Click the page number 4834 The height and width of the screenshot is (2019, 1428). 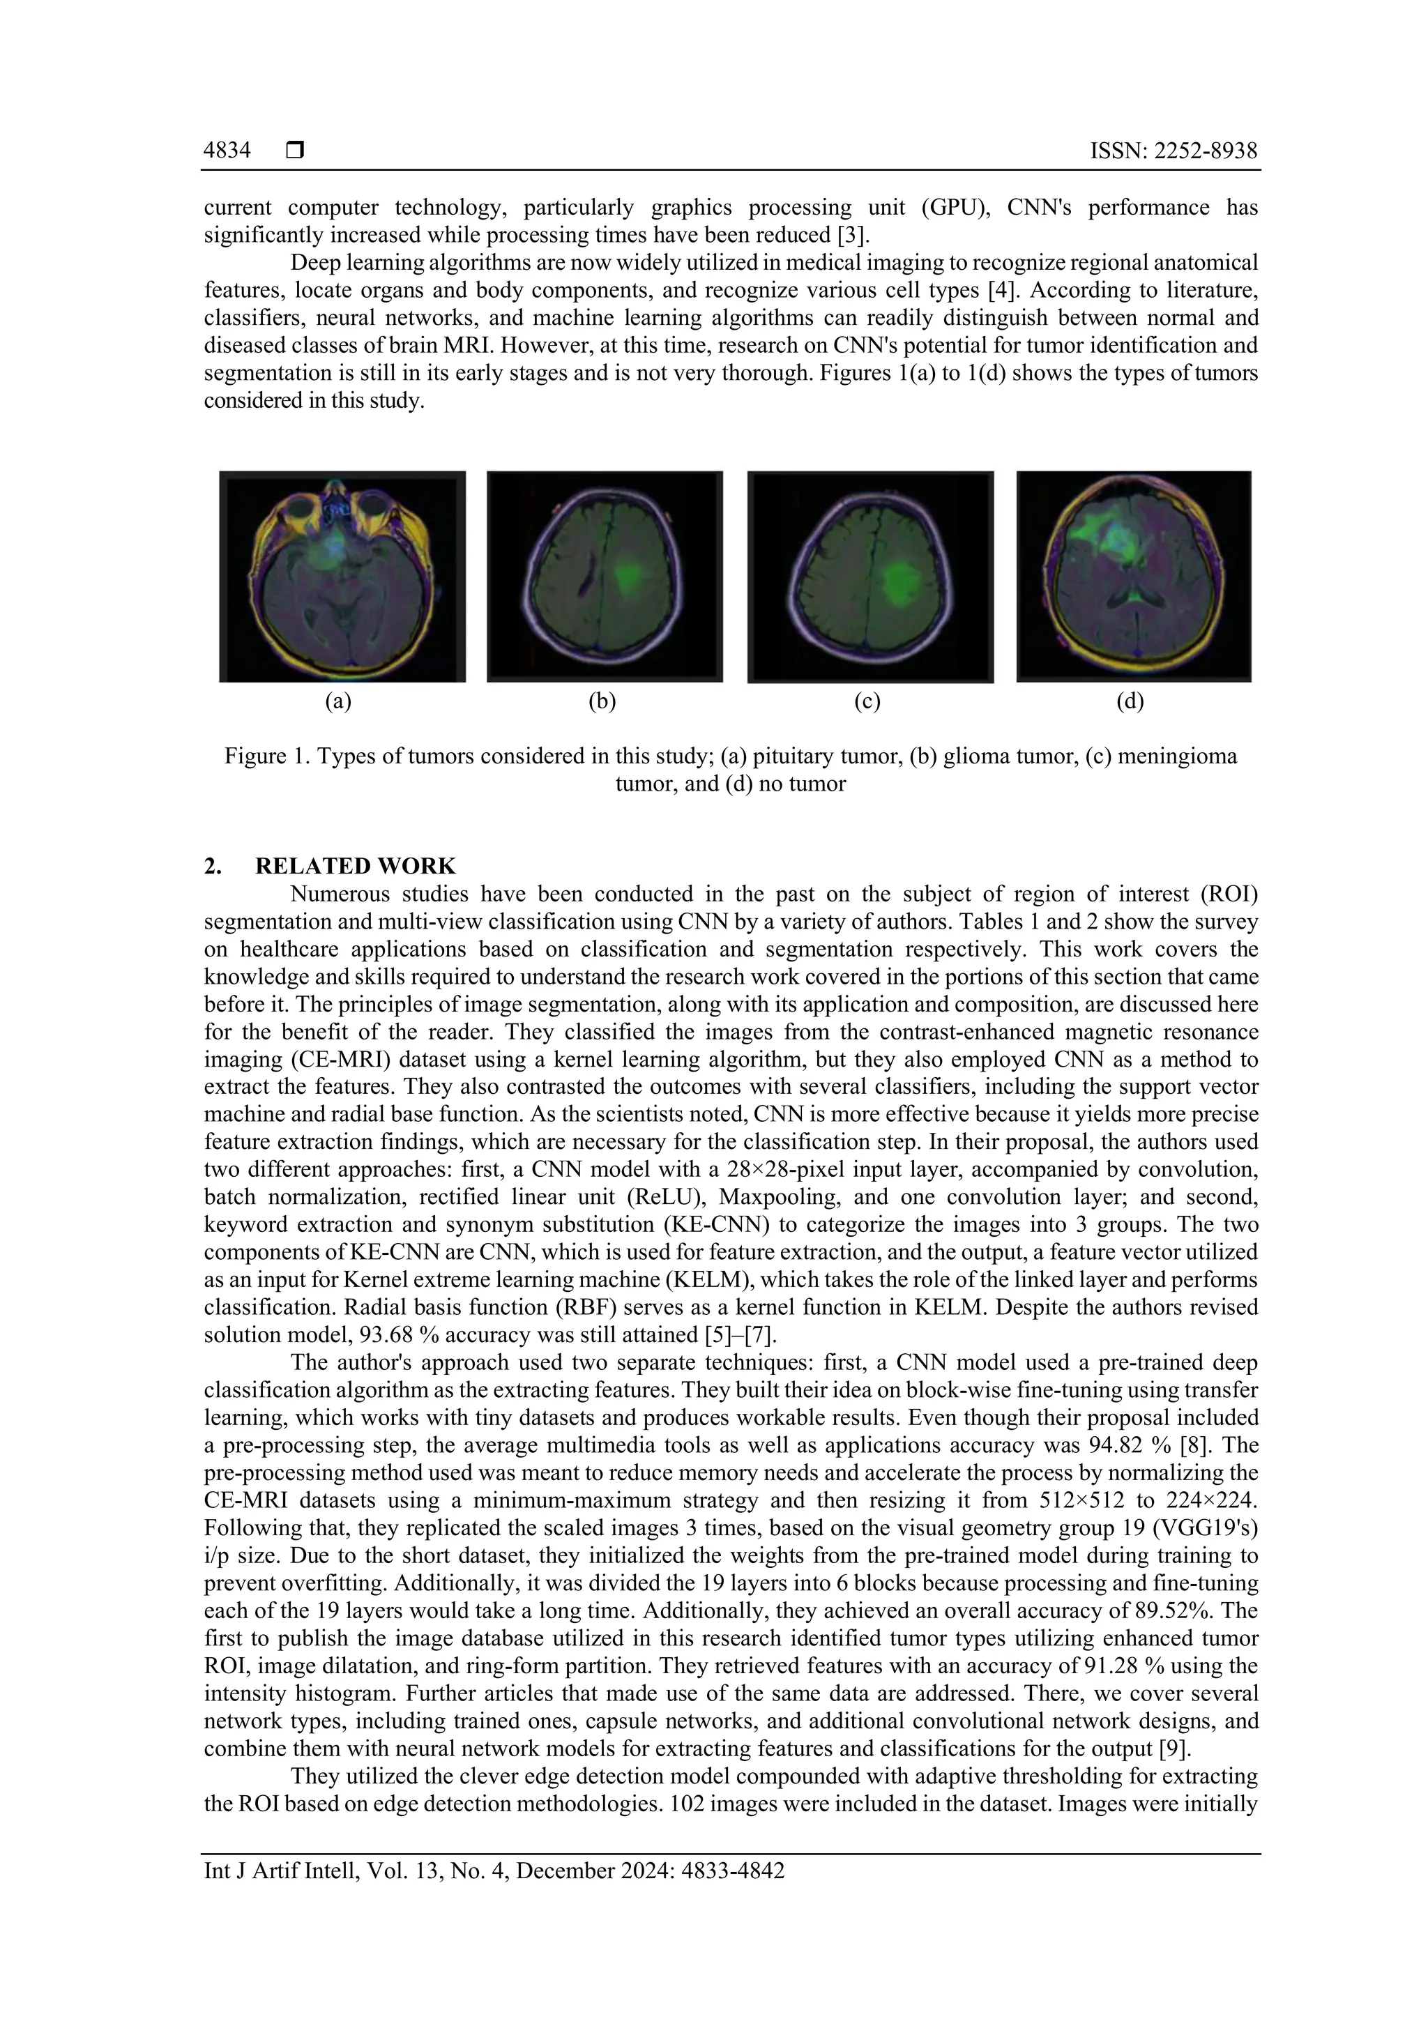coord(227,151)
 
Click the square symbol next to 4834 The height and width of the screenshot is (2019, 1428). coord(294,151)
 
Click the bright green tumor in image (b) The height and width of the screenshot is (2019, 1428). coord(629,578)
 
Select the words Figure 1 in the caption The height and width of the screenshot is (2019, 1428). coord(262,756)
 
